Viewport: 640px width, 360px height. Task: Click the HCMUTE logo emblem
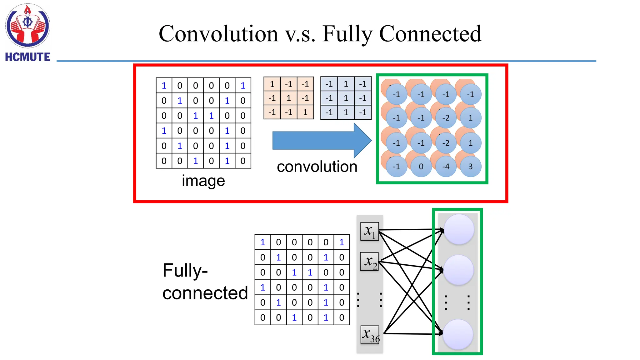(27, 26)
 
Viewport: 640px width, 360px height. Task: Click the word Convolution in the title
(218, 34)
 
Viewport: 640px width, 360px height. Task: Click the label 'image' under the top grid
(203, 181)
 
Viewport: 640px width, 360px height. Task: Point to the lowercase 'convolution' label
(317, 167)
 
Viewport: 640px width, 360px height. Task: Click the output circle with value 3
(470, 167)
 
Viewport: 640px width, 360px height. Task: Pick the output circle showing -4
(446, 167)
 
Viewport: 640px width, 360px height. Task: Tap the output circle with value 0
(421, 167)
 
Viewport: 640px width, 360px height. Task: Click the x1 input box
(370, 231)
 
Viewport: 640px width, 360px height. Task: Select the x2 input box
(370, 261)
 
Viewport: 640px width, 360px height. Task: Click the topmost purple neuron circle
(459, 229)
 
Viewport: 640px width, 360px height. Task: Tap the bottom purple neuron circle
(458, 334)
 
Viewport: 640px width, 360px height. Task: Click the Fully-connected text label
(205, 281)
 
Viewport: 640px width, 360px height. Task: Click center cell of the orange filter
(289, 98)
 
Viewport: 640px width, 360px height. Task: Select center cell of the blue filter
(346, 98)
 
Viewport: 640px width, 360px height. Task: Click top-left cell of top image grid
(164, 85)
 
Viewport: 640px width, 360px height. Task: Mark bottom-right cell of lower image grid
(342, 317)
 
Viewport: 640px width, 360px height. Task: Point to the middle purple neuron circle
(458, 270)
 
